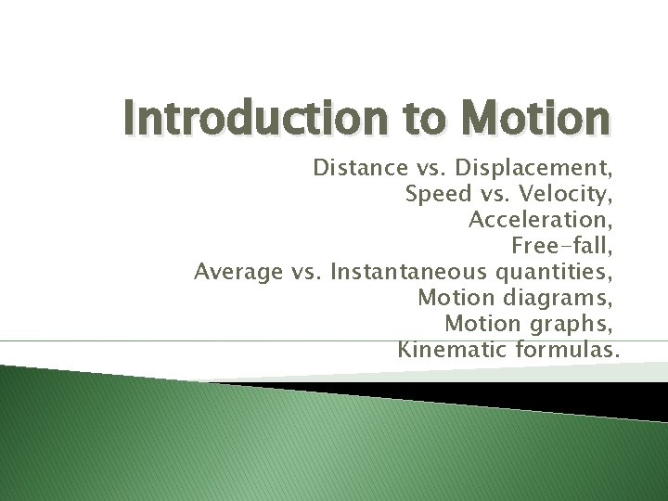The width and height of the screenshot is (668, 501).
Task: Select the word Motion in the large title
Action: tap(538, 119)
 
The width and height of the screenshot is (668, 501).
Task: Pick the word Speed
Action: tap(439, 195)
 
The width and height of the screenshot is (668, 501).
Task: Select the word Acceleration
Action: tap(541, 220)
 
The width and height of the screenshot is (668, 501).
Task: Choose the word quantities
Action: tap(554, 272)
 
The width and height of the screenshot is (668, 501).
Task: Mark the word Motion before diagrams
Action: tap(456, 298)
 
